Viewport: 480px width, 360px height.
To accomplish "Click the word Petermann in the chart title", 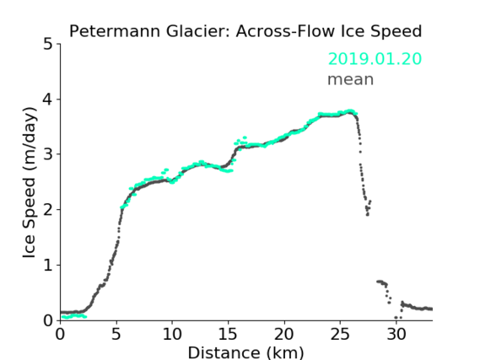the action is point(115,31).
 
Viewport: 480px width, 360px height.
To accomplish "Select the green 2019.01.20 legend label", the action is point(375,59).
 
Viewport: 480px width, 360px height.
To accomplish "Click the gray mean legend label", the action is point(351,79).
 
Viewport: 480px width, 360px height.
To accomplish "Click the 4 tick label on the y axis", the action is point(48,99).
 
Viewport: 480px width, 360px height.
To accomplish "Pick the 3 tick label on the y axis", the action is point(48,154).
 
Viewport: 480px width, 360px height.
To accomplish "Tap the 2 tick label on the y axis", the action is point(48,210).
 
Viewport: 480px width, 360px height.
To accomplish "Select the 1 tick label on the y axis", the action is point(48,266).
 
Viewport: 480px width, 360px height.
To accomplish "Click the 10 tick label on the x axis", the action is point(172,335).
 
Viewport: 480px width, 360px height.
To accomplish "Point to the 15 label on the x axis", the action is point(228,335).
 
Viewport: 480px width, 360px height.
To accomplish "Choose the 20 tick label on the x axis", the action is point(284,335).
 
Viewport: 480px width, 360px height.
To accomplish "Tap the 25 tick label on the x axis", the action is point(340,335).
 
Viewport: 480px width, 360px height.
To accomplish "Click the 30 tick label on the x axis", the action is point(396,335).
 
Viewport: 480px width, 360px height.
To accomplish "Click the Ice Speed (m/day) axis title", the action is point(30,183).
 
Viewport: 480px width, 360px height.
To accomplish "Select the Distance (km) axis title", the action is point(245,352).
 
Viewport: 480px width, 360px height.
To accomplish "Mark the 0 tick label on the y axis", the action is point(48,320).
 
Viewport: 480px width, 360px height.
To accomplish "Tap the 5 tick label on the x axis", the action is point(116,335).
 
